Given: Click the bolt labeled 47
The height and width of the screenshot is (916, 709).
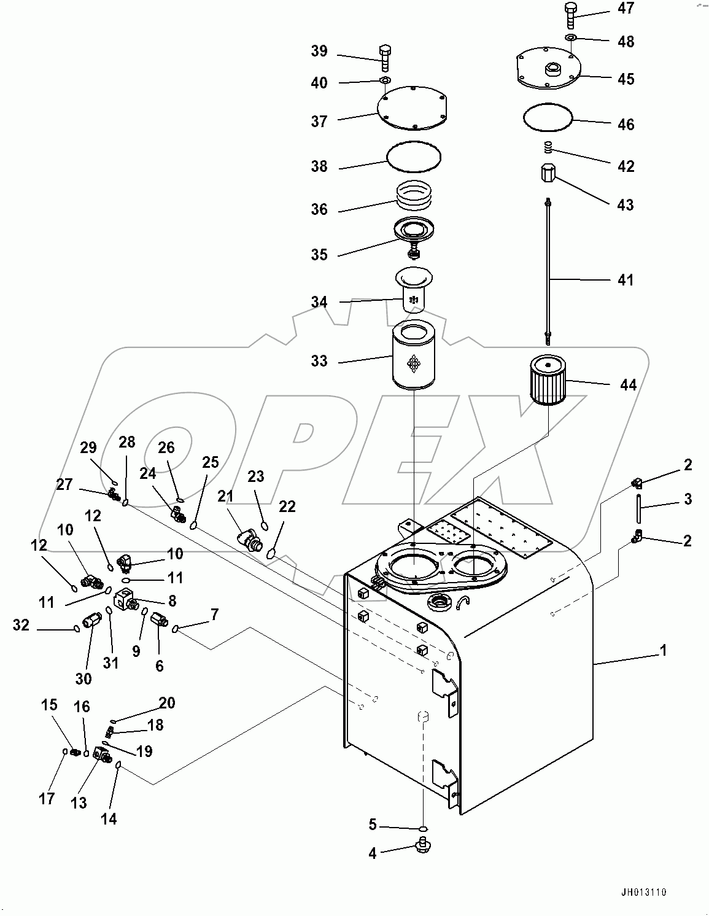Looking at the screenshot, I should pos(570,14).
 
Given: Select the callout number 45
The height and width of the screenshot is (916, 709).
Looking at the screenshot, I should pos(626,79).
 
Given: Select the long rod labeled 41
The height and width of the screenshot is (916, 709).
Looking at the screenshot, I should pos(546,270).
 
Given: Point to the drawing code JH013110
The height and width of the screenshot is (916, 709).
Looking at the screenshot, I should pos(643,893).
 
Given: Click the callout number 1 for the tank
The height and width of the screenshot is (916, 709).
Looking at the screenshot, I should pos(663,651).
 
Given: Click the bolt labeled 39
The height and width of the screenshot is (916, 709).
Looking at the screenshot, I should pos(385,58).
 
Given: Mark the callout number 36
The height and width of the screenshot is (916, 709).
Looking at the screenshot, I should pos(319,209).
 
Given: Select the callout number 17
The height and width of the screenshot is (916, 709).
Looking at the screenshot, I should pos(47,799).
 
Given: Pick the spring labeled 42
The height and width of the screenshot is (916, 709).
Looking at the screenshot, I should pos(548,149).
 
